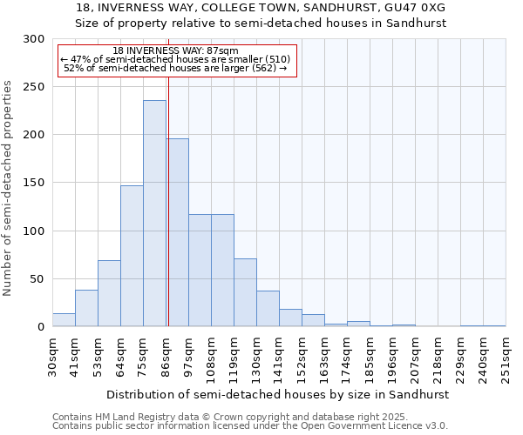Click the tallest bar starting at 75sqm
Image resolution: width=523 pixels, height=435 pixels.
coord(154,213)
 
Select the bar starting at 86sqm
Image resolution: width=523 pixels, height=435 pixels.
coord(177,232)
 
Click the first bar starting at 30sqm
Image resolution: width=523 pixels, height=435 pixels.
coord(64,320)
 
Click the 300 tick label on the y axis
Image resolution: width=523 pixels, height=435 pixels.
coord(34,39)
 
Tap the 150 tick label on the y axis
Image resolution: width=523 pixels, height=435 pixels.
coord(34,183)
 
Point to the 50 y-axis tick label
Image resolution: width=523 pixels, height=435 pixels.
coord(37,279)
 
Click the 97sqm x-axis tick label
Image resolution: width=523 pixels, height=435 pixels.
coord(189,355)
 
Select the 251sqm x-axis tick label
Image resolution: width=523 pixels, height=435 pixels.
coord(506,357)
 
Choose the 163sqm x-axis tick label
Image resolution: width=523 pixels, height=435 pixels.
coord(325,357)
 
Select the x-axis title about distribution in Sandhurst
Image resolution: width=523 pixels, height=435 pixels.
coord(278,394)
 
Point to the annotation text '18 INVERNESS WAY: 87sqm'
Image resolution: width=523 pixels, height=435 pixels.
coord(176,51)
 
